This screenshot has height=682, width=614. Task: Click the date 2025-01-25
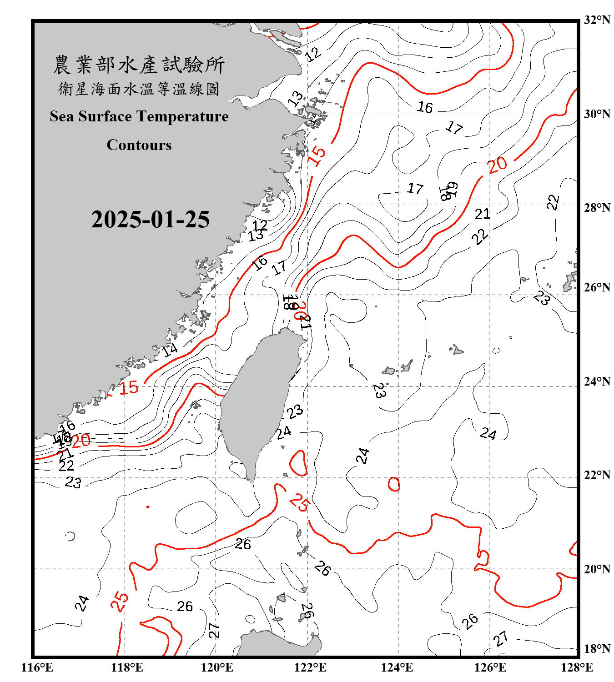150,219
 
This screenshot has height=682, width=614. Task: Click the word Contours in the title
139,145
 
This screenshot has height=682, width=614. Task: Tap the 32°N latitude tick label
597,20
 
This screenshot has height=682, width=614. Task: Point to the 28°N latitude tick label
597,208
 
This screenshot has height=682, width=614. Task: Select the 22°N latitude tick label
597,475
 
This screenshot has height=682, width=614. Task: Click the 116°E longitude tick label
37,667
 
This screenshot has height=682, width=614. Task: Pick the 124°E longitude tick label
397,667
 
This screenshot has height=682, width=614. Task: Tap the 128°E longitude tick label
577,667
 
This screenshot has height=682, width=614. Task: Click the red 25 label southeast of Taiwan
300,502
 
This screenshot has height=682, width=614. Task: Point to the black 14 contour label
170,350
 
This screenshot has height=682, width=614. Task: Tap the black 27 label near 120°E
214,630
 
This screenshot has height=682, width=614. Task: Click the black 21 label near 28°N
483,214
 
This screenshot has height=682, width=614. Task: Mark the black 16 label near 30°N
425,107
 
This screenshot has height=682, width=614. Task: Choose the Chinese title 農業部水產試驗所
139,65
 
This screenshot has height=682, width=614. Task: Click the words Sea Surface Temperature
139,116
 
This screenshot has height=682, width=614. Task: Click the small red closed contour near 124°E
394,484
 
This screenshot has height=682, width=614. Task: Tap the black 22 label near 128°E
553,202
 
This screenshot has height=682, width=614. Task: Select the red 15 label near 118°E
129,388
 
